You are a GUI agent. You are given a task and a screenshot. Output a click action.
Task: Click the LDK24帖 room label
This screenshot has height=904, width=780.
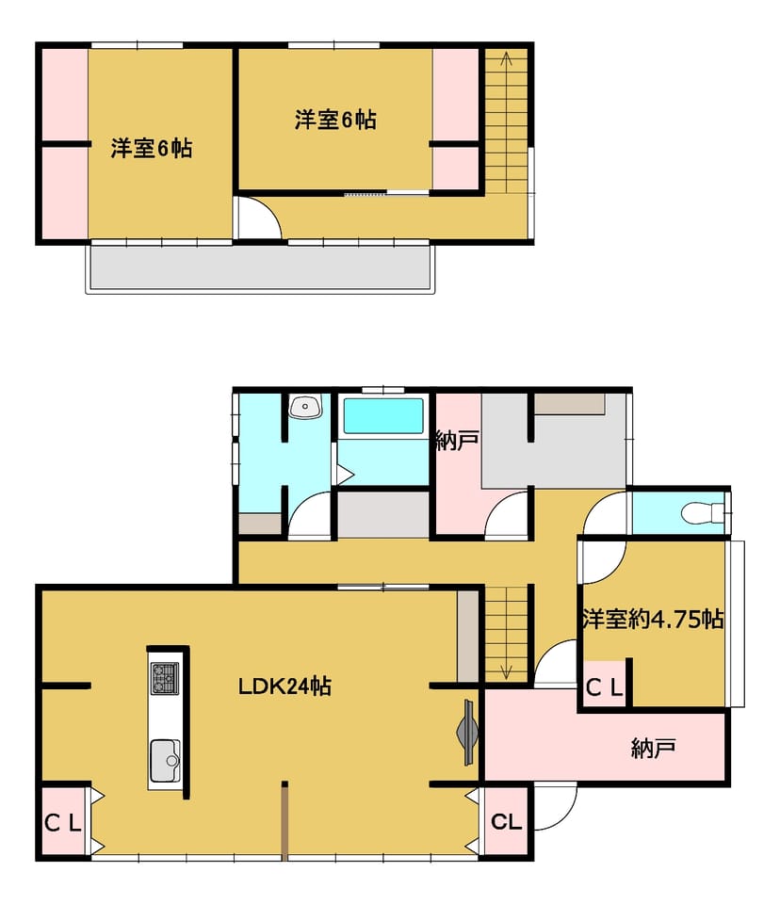click(285, 686)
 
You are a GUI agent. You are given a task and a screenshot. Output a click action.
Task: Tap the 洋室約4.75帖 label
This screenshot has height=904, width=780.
click(653, 619)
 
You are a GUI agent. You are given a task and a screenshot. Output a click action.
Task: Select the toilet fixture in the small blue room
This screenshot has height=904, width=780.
click(702, 512)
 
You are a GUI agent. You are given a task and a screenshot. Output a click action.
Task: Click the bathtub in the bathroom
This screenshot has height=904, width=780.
click(383, 415)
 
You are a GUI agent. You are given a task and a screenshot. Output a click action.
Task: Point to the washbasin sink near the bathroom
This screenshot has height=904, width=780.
click(305, 408)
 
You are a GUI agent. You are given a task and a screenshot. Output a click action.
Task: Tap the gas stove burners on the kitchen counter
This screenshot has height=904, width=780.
click(165, 679)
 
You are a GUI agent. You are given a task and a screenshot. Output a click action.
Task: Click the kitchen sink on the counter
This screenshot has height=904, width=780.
click(165, 761)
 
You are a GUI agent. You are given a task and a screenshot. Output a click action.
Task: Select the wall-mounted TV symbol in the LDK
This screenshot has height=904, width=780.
click(468, 733)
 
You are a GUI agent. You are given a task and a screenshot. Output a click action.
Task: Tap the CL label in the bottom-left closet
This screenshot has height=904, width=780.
click(63, 823)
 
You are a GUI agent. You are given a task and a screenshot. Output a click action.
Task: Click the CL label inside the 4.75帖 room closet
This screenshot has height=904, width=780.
click(604, 687)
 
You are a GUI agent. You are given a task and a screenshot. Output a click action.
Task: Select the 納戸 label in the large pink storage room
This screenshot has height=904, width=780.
click(653, 749)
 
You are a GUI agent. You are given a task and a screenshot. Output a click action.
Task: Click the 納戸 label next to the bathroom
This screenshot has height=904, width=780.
click(457, 442)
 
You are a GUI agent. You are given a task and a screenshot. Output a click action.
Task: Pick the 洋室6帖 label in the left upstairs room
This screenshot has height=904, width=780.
click(151, 148)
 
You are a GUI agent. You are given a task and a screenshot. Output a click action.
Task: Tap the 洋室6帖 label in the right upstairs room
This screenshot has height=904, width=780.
click(335, 120)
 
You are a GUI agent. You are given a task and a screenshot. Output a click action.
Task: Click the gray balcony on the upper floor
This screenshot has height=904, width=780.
click(259, 266)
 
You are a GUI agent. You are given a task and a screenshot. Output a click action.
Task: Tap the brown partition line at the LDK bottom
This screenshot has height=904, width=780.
click(284, 821)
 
